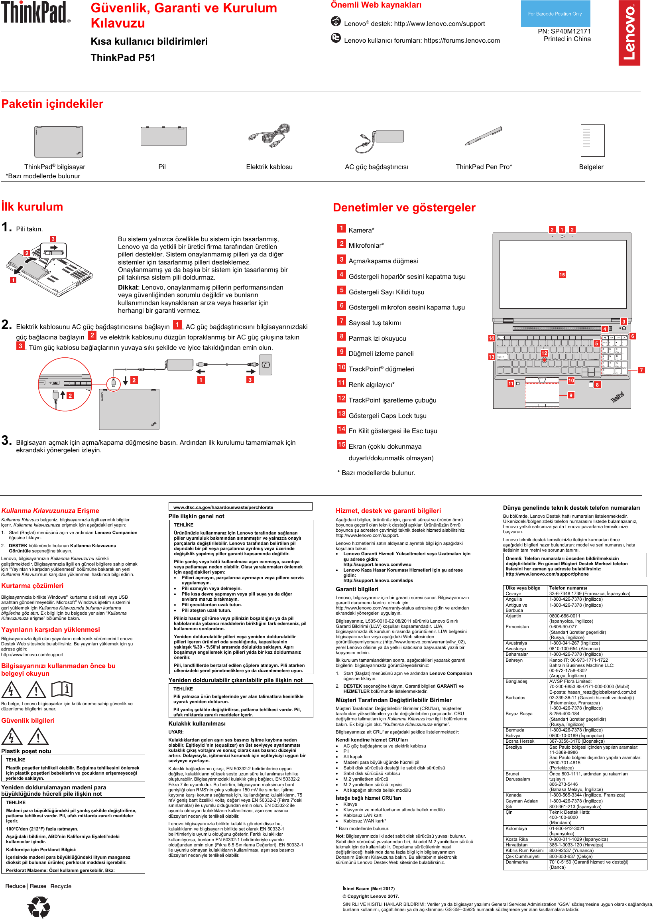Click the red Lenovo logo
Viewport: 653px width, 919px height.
pyautogui.click(x=629, y=33)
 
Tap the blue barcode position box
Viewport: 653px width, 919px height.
pyautogui.click(x=555, y=14)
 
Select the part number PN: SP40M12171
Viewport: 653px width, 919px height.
pyautogui.click(x=564, y=31)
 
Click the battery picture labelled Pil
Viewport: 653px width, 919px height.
pyautogui.click(x=163, y=136)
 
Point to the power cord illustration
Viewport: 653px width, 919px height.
pyautogui.click(x=269, y=136)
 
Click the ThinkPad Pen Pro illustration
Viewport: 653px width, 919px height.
pyautogui.click(x=483, y=136)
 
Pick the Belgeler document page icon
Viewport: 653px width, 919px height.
pyautogui.click(x=592, y=140)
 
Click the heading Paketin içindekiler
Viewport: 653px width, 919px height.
pyautogui.click(x=52, y=104)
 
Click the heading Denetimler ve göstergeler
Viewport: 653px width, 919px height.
pyautogui.click(x=404, y=207)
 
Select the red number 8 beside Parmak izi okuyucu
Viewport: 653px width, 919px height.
pyautogui.click(x=341, y=336)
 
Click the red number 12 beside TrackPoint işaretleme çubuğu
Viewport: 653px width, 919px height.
pyautogui.click(x=341, y=398)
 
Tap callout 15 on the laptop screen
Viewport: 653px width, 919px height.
pyautogui.click(x=562, y=275)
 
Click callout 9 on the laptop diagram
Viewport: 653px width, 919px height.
pyautogui.click(x=570, y=395)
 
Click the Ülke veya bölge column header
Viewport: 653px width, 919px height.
pyautogui.click(x=523, y=588)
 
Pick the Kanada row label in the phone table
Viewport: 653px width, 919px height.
pyautogui.click(x=513, y=795)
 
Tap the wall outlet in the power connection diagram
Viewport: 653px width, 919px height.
pyautogui.click(x=266, y=365)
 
